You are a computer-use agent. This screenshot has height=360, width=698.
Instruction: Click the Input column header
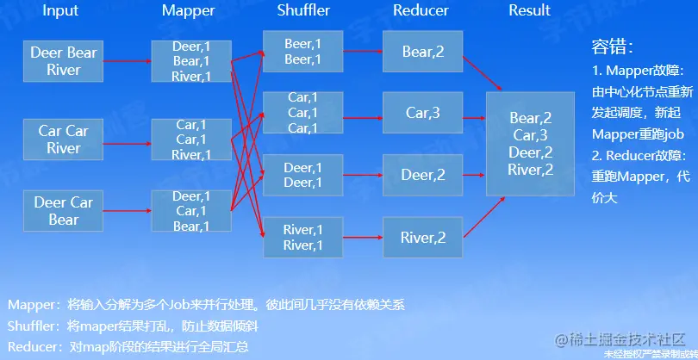(x=59, y=11)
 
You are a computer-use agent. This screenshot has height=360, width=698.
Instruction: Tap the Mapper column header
(x=190, y=11)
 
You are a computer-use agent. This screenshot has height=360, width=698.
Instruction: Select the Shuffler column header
(x=303, y=11)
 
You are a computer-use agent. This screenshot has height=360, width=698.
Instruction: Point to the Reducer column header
(x=421, y=11)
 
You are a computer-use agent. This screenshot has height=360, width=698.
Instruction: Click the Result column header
(x=529, y=11)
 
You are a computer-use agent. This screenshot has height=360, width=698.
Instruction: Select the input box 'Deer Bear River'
(x=64, y=60)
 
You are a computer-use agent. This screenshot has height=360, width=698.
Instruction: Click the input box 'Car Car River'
(x=64, y=140)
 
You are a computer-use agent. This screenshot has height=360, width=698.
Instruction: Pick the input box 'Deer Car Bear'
(x=64, y=211)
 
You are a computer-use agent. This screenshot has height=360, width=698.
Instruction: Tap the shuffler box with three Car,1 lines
(x=302, y=113)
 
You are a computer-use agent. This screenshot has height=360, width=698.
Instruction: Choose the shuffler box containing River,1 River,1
(x=302, y=238)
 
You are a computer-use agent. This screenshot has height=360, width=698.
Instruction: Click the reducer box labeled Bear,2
(x=422, y=53)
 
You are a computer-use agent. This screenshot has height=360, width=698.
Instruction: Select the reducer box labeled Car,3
(x=422, y=113)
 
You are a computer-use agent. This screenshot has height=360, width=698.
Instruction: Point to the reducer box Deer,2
(x=422, y=175)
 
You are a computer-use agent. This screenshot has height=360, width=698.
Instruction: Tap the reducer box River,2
(x=422, y=238)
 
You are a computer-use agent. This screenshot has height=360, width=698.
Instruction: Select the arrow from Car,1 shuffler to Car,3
(x=364, y=113)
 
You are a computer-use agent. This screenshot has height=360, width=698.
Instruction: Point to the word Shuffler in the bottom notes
(x=33, y=326)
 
